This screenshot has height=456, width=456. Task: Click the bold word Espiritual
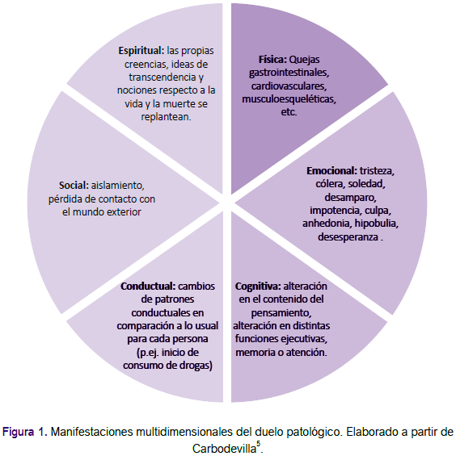click(x=141, y=51)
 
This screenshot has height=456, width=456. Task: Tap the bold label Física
click(x=272, y=60)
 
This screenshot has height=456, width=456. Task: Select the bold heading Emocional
click(x=331, y=171)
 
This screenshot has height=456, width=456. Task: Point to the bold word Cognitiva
click(x=258, y=287)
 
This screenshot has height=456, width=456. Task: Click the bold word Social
click(x=74, y=186)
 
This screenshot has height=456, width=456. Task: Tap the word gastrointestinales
click(x=289, y=73)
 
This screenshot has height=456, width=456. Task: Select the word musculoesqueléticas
click(x=289, y=99)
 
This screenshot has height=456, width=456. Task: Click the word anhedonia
click(x=326, y=224)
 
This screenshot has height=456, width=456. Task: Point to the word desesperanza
click(x=348, y=236)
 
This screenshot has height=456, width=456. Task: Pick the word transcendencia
click(x=163, y=77)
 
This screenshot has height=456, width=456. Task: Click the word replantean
click(x=166, y=117)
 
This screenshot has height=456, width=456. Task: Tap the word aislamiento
click(x=118, y=186)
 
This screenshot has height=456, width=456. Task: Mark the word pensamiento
click(x=281, y=313)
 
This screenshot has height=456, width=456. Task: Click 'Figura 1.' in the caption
click(x=25, y=432)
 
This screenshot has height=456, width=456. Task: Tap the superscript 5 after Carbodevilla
click(x=258, y=444)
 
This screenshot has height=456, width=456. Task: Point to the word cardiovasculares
click(x=289, y=86)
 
